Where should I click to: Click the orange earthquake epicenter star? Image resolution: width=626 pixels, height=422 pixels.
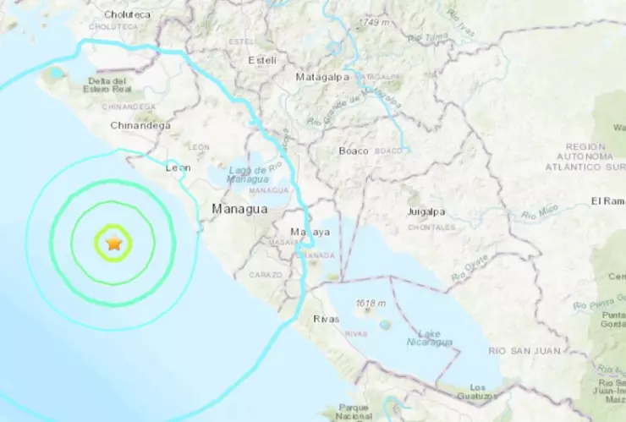tap(114, 244)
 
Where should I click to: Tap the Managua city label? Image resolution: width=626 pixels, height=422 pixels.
tap(239, 208)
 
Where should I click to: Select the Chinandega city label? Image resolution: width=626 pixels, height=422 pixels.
tap(140, 126)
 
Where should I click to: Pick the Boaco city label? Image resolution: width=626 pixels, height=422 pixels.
tap(353, 151)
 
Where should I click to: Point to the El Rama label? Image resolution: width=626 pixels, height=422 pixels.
tap(607, 201)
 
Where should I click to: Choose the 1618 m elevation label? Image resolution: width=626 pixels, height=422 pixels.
tap(372, 304)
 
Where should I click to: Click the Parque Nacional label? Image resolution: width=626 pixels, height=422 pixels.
tap(354, 412)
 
